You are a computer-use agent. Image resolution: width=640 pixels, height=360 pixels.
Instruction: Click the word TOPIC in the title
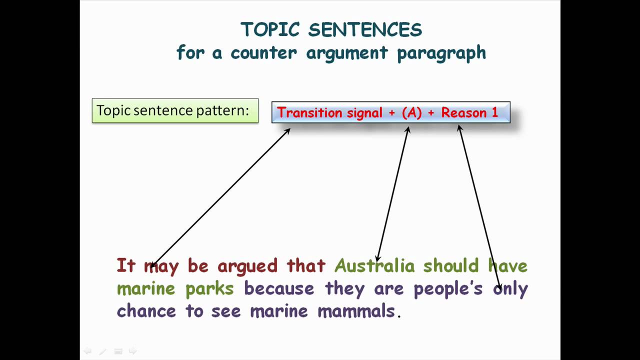point(270,29)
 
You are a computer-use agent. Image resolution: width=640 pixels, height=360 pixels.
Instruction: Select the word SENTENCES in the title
point(365,29)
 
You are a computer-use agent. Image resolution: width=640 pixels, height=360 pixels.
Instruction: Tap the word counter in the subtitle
point(263,53)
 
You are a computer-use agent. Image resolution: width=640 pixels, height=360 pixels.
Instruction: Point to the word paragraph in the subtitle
point(441,53)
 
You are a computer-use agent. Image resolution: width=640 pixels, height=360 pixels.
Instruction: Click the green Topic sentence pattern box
point(175,110)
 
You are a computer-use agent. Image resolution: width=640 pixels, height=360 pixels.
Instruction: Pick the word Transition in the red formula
point(309,112)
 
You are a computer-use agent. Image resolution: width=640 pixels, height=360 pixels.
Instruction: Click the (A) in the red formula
point(411,112)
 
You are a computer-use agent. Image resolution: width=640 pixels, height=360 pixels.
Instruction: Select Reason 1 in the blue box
point(469,112)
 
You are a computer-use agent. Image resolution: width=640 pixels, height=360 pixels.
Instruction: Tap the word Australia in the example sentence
point(374,265)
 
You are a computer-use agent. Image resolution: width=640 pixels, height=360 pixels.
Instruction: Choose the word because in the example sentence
point(279,288)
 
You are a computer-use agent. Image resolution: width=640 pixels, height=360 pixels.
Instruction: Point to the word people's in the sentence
point(448,289)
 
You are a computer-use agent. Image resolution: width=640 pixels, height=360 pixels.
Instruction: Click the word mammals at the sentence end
point(356,311)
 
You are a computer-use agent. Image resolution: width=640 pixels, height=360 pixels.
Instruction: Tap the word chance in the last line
point(146,311)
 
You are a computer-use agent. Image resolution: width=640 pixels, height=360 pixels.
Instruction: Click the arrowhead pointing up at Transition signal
point(288,131)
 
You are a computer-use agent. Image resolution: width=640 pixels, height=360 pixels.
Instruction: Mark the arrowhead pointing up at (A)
point(408,129)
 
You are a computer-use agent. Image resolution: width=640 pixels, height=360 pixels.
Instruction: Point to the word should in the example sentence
point(451,265)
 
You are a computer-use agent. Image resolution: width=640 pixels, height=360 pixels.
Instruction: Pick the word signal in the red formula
point(364,113)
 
